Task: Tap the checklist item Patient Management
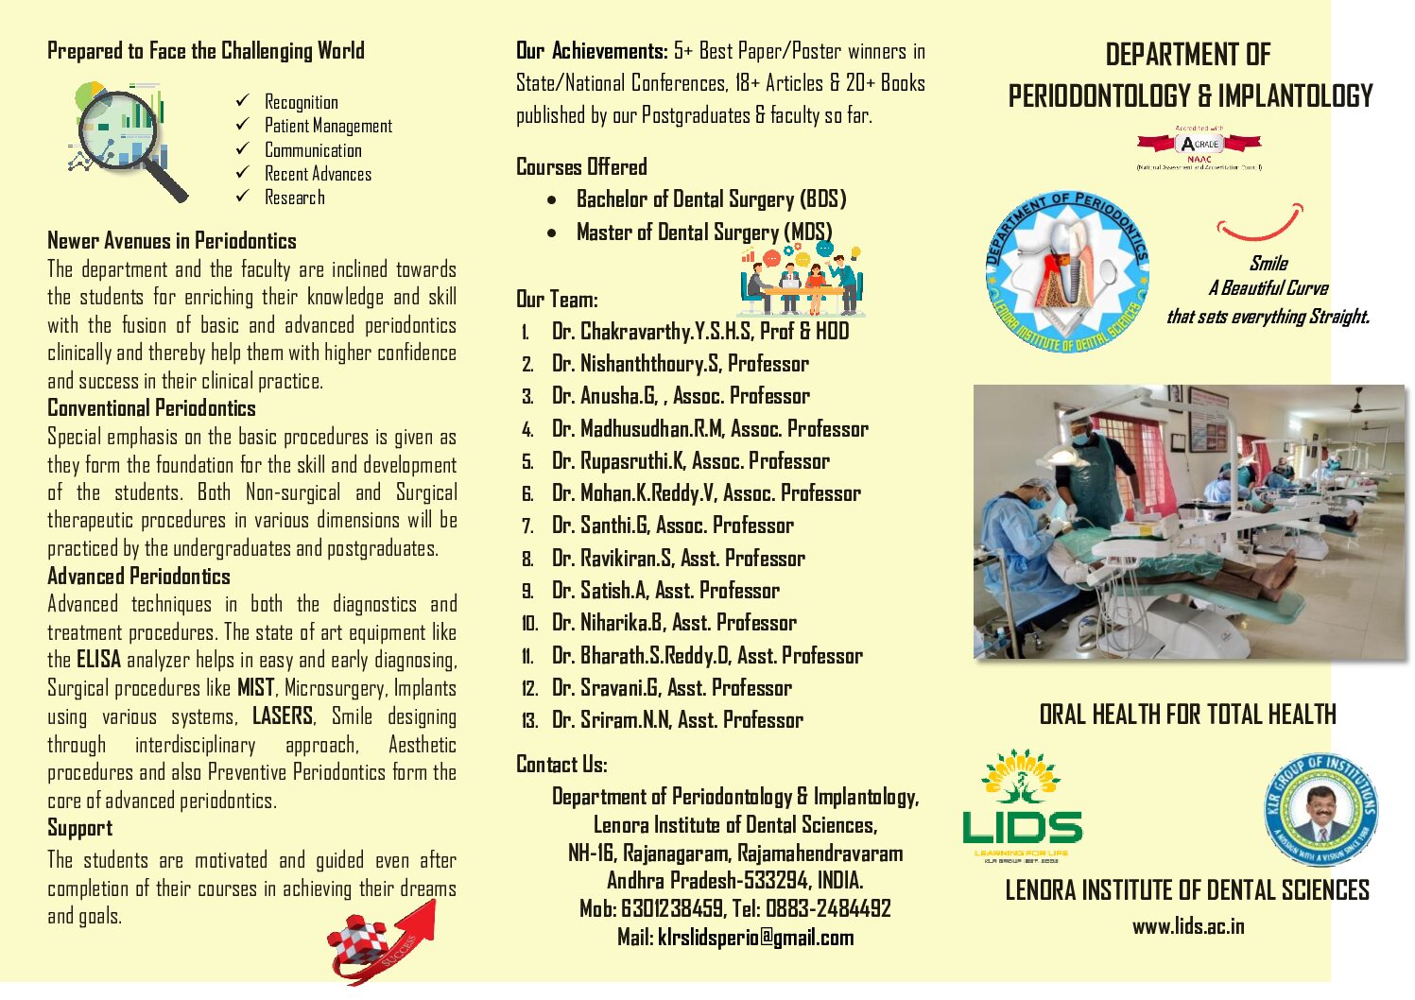tap(327, 126)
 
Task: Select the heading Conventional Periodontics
tap(151, 408)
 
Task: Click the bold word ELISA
tap(98, 660)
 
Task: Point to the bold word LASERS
tap(282, 716)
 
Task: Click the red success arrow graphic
tap(382, 940)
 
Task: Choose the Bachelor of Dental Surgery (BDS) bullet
tap(711, 199)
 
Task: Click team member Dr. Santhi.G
tap(672, 526)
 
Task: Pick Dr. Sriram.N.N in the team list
tap(677, 720)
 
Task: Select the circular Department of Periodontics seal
tap(1067, 271)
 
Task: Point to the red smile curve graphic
tap(1260, 225)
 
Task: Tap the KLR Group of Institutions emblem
tap(1320, 810)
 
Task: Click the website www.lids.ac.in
tap(1188, 926)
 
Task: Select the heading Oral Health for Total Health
tap(1187, 715)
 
